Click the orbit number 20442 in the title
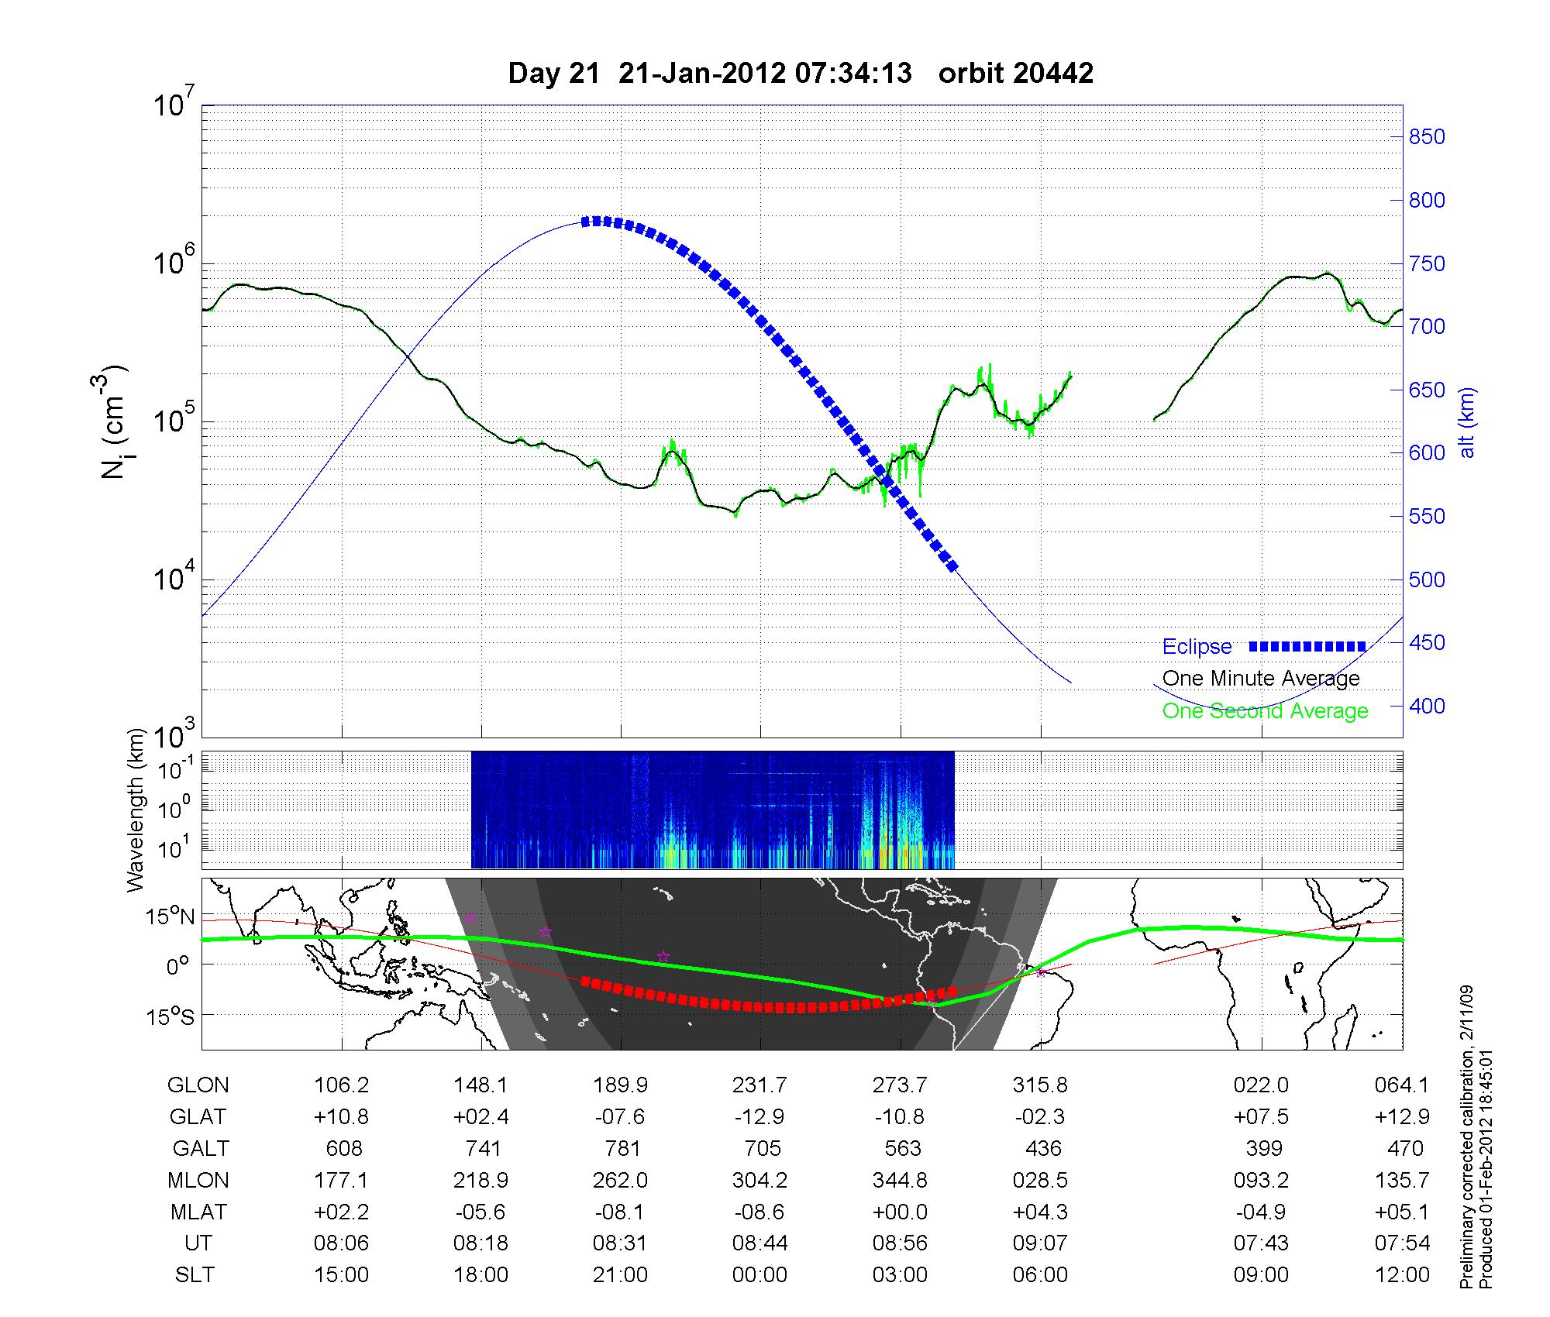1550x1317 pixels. coord(1015,74)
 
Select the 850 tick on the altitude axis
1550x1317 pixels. coord(1427,137)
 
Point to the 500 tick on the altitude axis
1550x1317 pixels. coord(1427,580)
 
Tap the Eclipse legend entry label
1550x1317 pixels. coord(1197,647)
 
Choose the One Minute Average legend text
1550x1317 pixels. coord(1261,679)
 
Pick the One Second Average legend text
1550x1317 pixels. coord(1265,711)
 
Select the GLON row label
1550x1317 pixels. coord(198,1085)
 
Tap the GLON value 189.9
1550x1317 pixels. coord(620,1085)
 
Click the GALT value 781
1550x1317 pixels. coord(622,1148)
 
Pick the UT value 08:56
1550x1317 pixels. coord(900,1243)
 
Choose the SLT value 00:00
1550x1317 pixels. coord(759,1275)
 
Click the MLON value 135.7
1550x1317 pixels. coord(1401,1180)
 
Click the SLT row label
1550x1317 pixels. coord(195,1275)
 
